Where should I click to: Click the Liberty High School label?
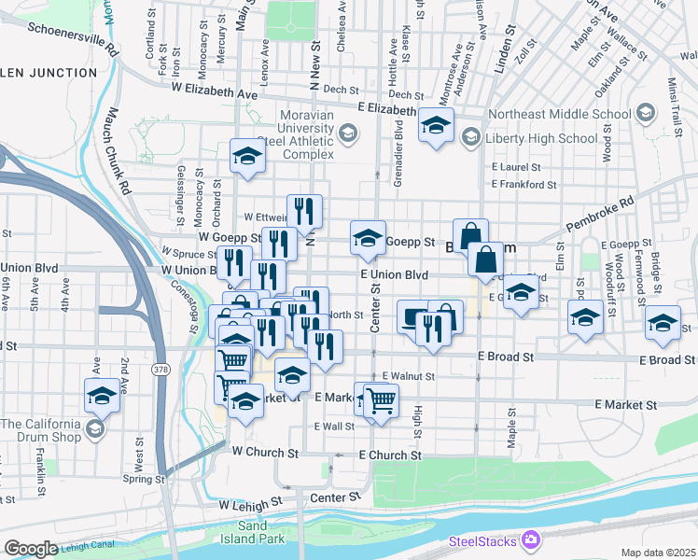pyautogui.click(x=541, y=138)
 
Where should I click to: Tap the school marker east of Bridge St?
pyautogui.click(x=663, y=322)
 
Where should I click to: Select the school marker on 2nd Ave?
pyautogui.click(x=102, y=396)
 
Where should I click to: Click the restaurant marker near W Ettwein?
pyautogui.click(x=304, y=212)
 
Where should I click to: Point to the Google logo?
pyautogui.click(x=31, y=549)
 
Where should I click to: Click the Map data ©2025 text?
pyautogui.click(x=658, y=553)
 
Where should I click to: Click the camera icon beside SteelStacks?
pyautogui.click(x=531, y=539)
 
